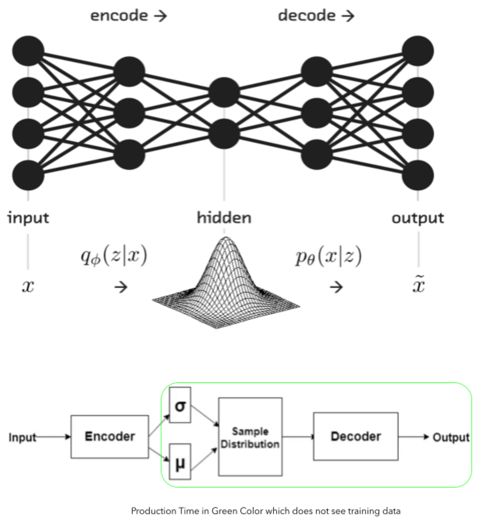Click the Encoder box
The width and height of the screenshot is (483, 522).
click(110, 437)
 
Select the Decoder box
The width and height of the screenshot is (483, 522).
click(355, 436)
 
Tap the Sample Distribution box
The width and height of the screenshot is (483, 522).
click(250, 437)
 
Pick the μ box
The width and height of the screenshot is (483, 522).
click(180, 463)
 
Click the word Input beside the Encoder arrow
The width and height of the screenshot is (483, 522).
click(22, 437)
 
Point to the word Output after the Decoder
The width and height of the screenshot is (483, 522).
click(451, 437)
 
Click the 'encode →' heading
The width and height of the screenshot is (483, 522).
click(128, 15)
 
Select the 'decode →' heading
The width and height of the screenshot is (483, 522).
click(316, 15)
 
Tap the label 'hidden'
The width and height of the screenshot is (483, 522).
click(224, 218)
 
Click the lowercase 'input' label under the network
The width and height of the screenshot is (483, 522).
click(28, 218)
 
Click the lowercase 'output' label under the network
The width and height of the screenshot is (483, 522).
click(417, 218)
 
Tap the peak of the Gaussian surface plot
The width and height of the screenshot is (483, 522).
click(224, 239)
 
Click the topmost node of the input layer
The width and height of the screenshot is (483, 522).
click(28, 50)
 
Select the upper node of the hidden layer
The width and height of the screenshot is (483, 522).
click(224, 92)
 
